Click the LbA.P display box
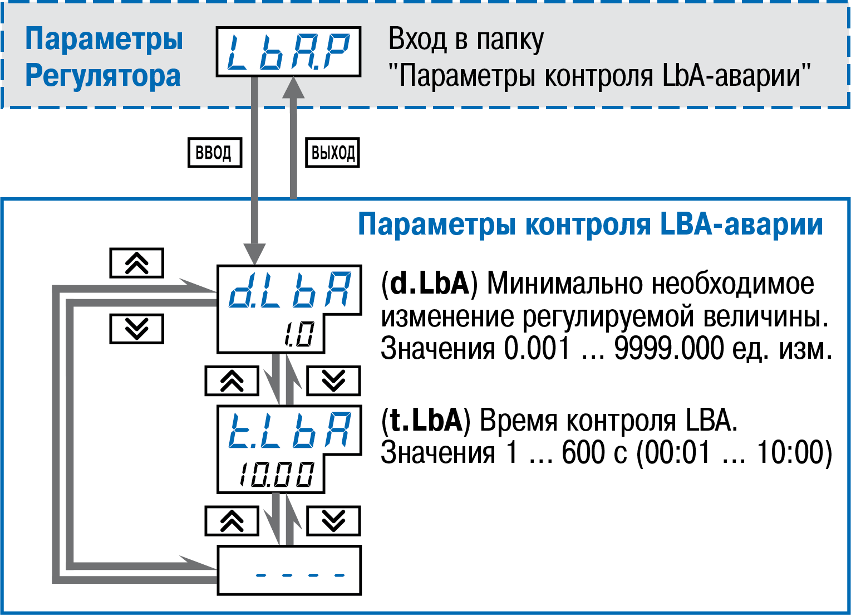tap(288, 52)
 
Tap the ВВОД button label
tap(214, 152)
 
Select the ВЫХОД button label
tap(333, 153)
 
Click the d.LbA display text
tap(290, 290)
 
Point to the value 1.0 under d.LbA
tap(299, 334)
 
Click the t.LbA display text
tap(290, 430)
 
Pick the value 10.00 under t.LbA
tap(277, 475)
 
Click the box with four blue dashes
tap(289, 570)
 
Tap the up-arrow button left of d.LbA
tap(137, 263)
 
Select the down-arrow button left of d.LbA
tap(137, 328)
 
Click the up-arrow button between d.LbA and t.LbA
tap(232, 381)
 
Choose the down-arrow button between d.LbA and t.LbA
tap(333, 381)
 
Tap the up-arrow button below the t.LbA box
tap(232, 521)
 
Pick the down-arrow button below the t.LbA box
tap(333, 521)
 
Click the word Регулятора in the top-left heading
tap(103, 76)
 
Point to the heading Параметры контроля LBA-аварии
tap(590, 224)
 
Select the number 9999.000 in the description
tap(669, 349)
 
